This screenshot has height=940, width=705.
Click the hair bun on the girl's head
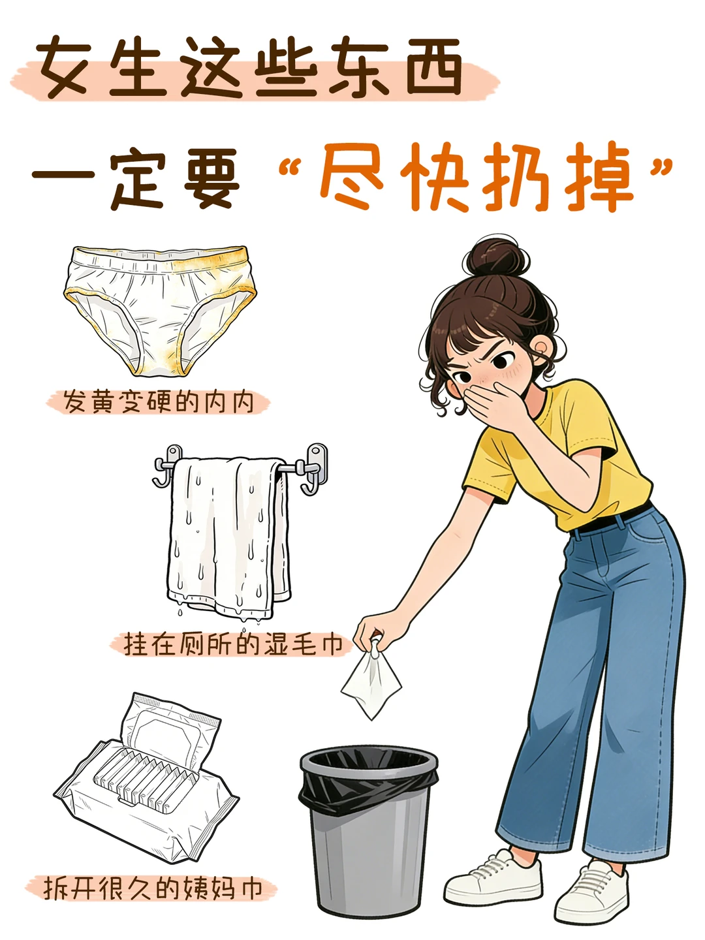click(x=497, y=258)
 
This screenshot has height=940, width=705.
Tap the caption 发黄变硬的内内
click(x=159, y=402)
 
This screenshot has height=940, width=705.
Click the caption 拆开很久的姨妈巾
click(x=152, y=888)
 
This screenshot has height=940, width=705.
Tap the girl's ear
click(x=544, y=351)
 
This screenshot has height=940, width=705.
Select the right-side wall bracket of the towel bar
click(x=315, y=469)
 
